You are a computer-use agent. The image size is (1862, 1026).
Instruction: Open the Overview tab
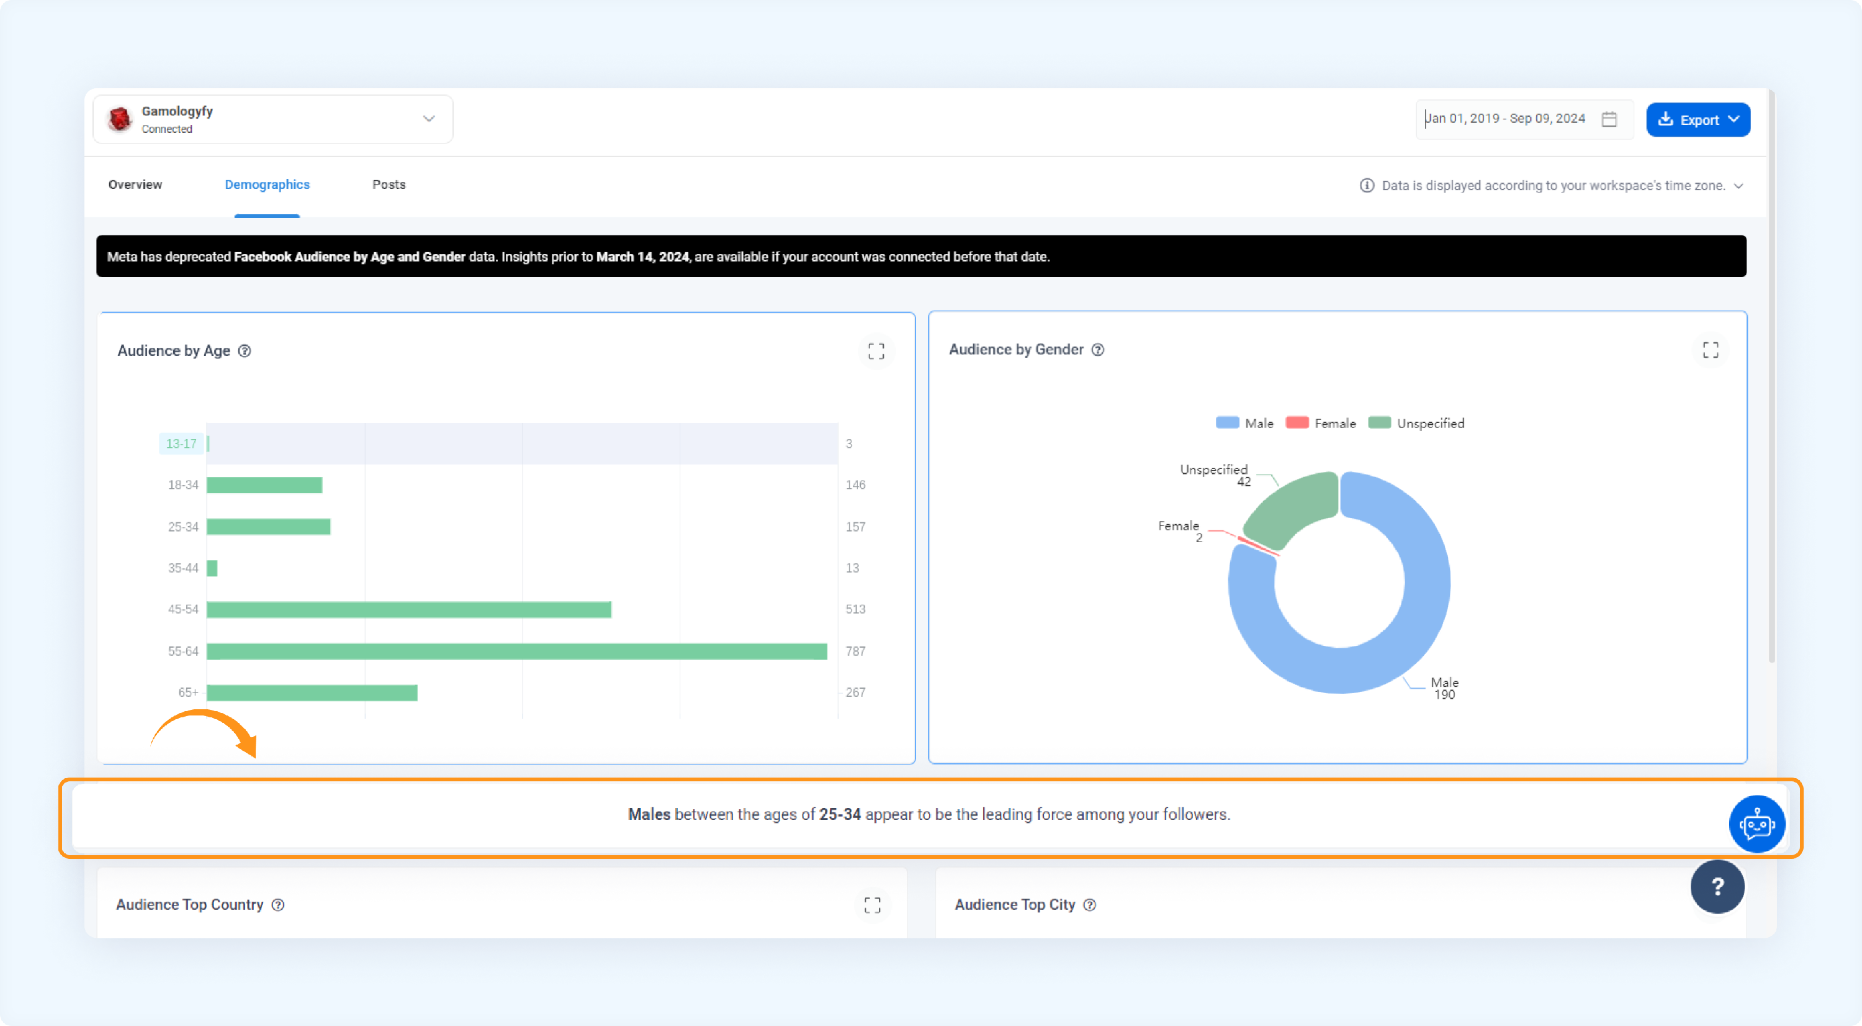[x=135, y=184]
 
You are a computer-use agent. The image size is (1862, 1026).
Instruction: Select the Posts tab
[x=389, y=184]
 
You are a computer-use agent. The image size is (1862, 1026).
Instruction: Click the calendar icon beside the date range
[x=1609, y=119]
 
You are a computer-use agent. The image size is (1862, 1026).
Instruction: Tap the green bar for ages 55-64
[x=517, y=651]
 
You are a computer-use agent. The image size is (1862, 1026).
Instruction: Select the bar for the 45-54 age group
[x=409, y=609]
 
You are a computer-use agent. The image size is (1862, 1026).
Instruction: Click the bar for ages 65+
[x=312, y=692]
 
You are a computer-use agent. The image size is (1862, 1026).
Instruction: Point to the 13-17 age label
[x=181, y=443]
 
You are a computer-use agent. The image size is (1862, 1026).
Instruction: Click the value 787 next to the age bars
[x=855, y=651]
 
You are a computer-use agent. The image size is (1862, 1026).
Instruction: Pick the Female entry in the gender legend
[x=1321, y=423]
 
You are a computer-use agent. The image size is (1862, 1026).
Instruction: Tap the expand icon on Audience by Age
[x=876, y=352]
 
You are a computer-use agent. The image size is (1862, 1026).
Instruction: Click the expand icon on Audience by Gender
[x=1710, y=350]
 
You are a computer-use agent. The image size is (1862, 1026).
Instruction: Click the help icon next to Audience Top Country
[x=278, y=904]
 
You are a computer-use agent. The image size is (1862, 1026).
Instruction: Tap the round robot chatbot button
[x=1756, y=824]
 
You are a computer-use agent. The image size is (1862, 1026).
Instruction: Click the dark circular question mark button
[x=1717, y=886]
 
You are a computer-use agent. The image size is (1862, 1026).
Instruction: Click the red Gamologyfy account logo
[x=119, y=119]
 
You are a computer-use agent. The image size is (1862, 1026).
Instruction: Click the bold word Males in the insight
[x=649, y=814]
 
